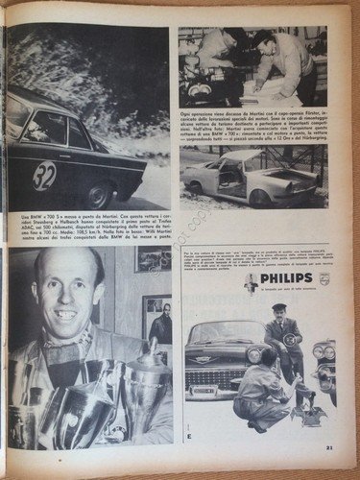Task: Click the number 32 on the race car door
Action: pos(44,176)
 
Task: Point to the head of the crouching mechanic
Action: pos(255,357)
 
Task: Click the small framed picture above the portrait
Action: pos(153,260)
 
